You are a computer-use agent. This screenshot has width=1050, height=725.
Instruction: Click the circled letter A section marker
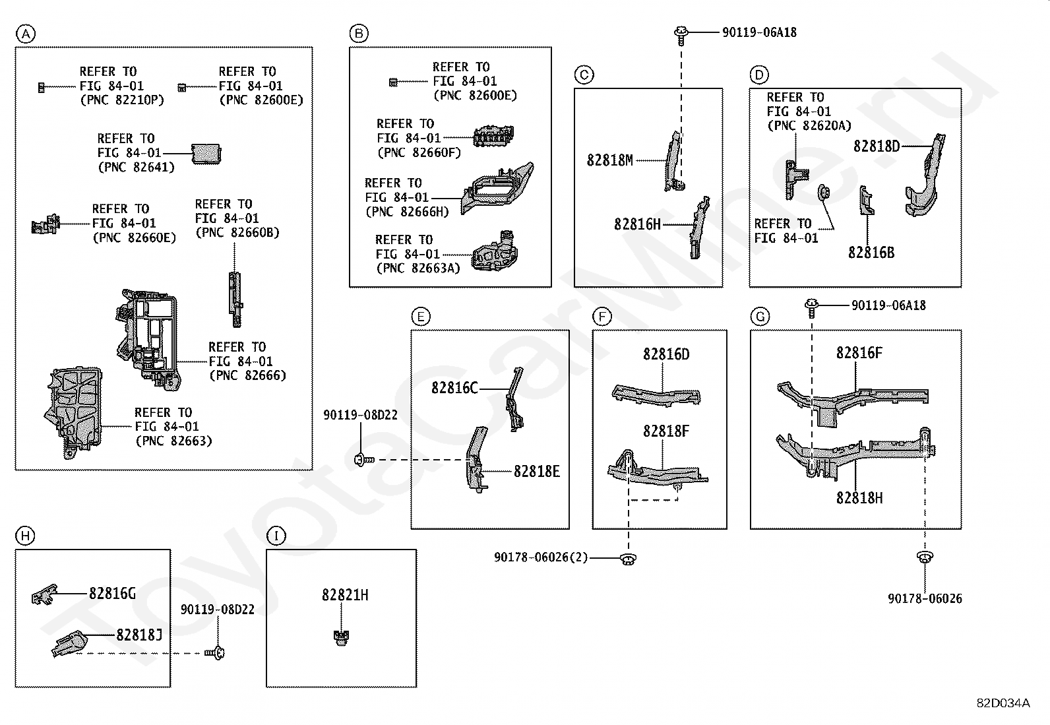(x=25, y=34)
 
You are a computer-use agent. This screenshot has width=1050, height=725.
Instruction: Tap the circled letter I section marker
(x=276, y=536)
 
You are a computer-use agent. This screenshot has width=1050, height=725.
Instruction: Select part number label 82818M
(x=609, y=160)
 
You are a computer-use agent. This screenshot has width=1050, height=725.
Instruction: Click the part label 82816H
(x=637, y=224)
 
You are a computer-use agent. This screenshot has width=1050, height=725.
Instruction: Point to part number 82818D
(x=876, y=146)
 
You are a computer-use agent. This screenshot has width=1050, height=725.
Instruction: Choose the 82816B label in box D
(x=871, y=253)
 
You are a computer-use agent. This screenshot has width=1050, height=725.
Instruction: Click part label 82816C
(x=454, y=388)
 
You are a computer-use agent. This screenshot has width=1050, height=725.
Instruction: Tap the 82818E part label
(x=537, y=471)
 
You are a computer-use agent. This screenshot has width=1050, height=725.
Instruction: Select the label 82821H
(x=345, y=595)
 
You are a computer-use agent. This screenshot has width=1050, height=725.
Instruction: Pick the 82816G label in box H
(x=113, y=594)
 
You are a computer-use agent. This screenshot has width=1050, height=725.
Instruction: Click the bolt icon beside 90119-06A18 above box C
(x=681, y=35)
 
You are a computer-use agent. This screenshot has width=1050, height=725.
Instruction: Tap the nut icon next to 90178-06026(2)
(x=628, y=559)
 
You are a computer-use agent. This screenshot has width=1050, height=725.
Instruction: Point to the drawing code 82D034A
(x=1003, y=703)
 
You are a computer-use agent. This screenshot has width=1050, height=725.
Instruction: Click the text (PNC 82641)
(x=136, y=168)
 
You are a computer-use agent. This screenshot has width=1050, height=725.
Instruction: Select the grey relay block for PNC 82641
(x=206, y=154)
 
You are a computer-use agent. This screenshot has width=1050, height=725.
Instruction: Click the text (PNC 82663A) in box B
(x=418, y=268)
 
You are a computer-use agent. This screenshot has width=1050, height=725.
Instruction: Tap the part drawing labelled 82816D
(x=656, y=395)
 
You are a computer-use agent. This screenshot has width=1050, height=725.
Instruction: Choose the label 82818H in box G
(x=859, y=498)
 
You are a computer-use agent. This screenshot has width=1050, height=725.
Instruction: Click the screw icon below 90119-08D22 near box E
(x=364, y=460)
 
